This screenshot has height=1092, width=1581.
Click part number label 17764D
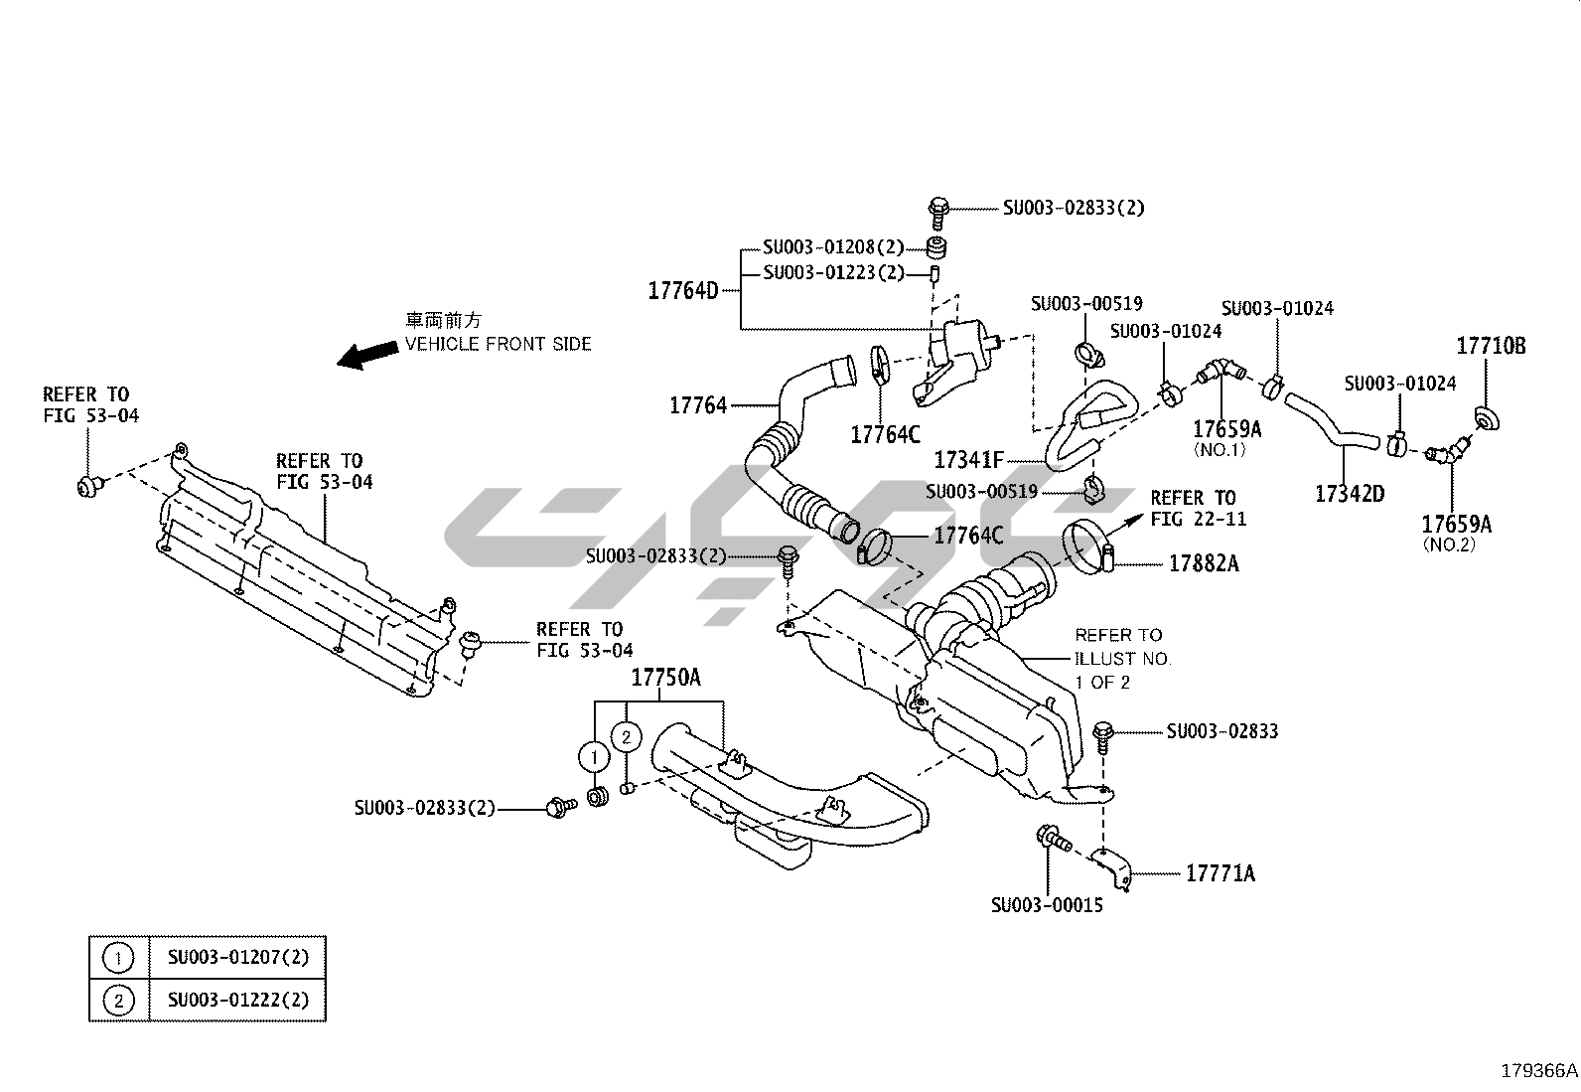point(682,291)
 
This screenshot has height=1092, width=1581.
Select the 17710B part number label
point(1491,346)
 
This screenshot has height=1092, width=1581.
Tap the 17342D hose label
point(1349,494)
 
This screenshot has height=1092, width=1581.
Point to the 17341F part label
point(968,461)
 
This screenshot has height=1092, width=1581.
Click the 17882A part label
point(1204,563)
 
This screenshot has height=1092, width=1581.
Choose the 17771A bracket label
point(1220,873)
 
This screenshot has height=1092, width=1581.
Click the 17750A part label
point(665,678)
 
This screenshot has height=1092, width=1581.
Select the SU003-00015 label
point(1046,905)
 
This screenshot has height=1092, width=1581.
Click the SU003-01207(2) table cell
point(237,958)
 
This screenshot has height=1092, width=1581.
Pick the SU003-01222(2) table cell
point(237,1000)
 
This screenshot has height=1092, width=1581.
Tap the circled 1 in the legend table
point(118,958)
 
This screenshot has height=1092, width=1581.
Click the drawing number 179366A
point(1538,1071)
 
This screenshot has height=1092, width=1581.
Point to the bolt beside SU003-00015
point(1051,839)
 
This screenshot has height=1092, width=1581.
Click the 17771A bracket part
point(1110,866)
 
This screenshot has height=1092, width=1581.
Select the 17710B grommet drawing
point(1487,418)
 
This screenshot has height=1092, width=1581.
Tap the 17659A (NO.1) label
point(1226,429)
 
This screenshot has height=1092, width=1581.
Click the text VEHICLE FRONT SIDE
point(498,344)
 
